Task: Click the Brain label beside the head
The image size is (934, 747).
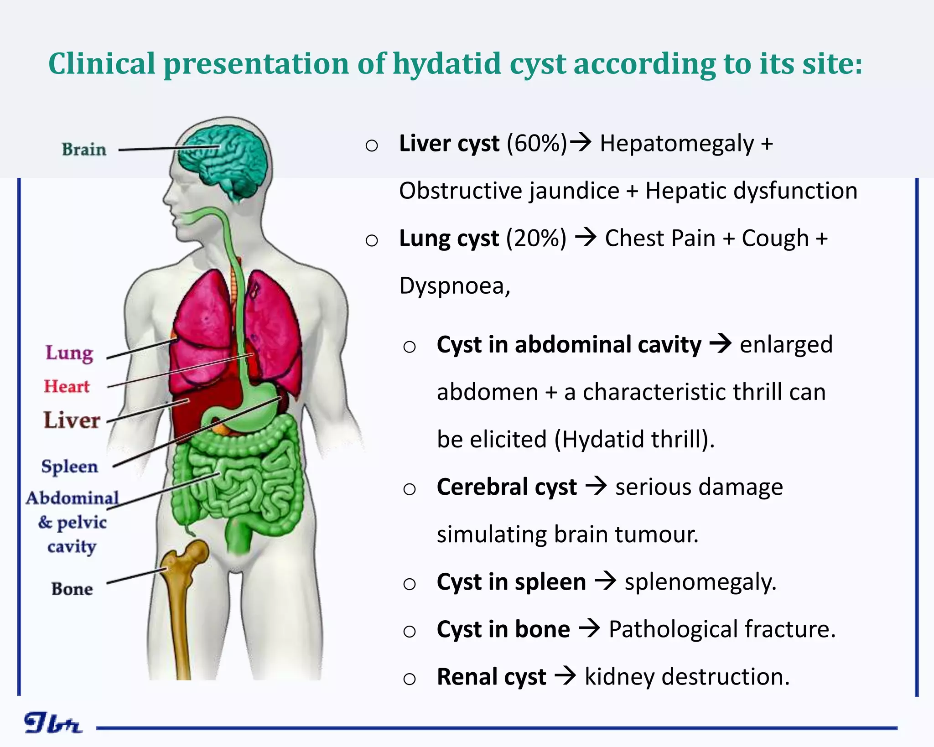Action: point(84,150)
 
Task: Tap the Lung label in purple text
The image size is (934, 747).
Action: point(69,353)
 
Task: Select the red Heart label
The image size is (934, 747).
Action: point(67,387)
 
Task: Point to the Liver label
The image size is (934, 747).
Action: point(72,420)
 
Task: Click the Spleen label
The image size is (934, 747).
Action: point(70,467)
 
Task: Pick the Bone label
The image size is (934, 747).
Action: point(72,589)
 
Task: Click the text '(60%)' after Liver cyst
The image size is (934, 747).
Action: point(537,143)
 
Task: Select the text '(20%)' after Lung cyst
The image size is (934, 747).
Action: point(536,238)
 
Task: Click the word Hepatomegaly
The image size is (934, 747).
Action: point(677,143)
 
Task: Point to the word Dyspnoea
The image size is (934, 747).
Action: point(454,286)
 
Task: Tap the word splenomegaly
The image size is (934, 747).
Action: point(700,582)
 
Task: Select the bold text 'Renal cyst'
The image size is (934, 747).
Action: point(491,677)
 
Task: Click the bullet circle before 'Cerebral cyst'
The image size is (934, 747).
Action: point(410,489)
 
